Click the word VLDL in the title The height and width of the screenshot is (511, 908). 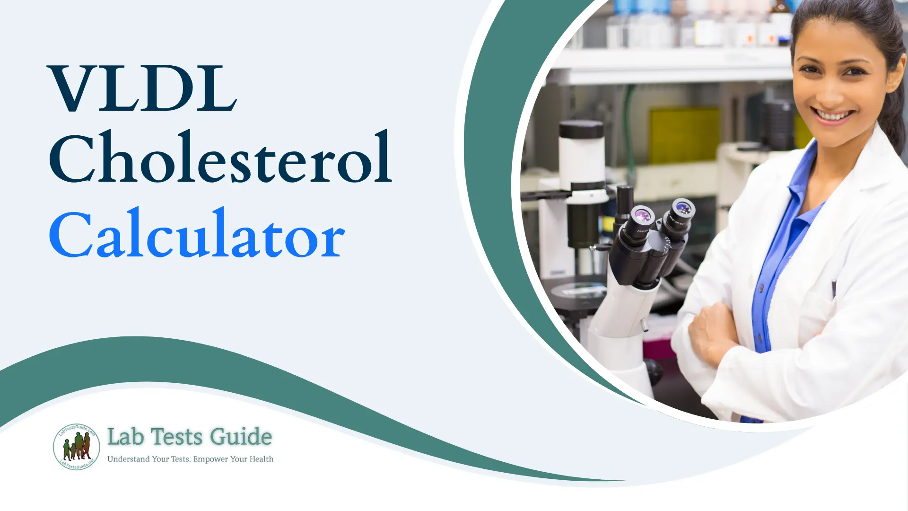click(x=142, y=89)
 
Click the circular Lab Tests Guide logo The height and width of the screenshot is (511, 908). click(x=76, y=447)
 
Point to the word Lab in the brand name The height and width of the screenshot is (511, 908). click(x=125, y=437)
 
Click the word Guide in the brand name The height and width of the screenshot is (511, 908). click(x=241, y=437)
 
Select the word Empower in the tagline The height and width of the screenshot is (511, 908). click(x=210, y=459)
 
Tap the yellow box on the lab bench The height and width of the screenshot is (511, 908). click(x=683, y=135)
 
